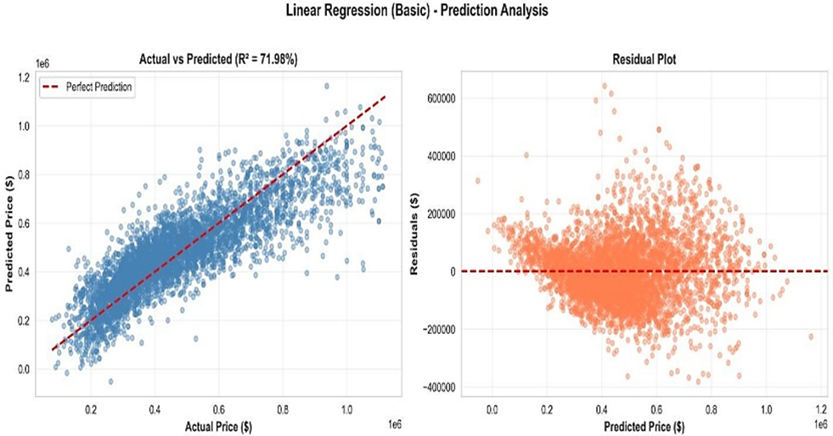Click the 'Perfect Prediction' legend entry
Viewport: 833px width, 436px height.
coord(100,87)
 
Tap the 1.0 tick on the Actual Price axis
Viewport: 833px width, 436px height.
coord(346,410)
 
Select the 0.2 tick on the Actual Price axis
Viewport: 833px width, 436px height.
coord(91,410)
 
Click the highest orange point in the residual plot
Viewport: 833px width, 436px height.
coord(605,85)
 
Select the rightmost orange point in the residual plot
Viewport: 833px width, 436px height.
coord(811,337)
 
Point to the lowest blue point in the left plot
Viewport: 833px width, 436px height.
coord(110,382)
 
